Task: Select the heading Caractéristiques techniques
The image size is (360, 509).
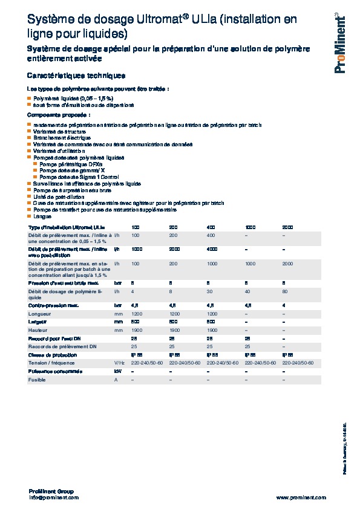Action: pos(76,76)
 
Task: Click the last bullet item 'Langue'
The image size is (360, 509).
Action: pos(42,216)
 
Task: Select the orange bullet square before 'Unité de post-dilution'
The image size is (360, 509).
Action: pos(30,196)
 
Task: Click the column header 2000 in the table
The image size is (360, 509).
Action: pos(287,226)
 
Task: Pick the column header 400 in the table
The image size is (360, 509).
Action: pos(211,226)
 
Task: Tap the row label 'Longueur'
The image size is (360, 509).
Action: pos(39,314)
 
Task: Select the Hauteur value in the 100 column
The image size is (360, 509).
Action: pos(137,330)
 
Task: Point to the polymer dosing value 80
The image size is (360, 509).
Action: pos(285,291)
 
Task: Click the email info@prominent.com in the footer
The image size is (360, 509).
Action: pos(54,498)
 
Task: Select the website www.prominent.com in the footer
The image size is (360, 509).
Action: pos(301,498)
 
